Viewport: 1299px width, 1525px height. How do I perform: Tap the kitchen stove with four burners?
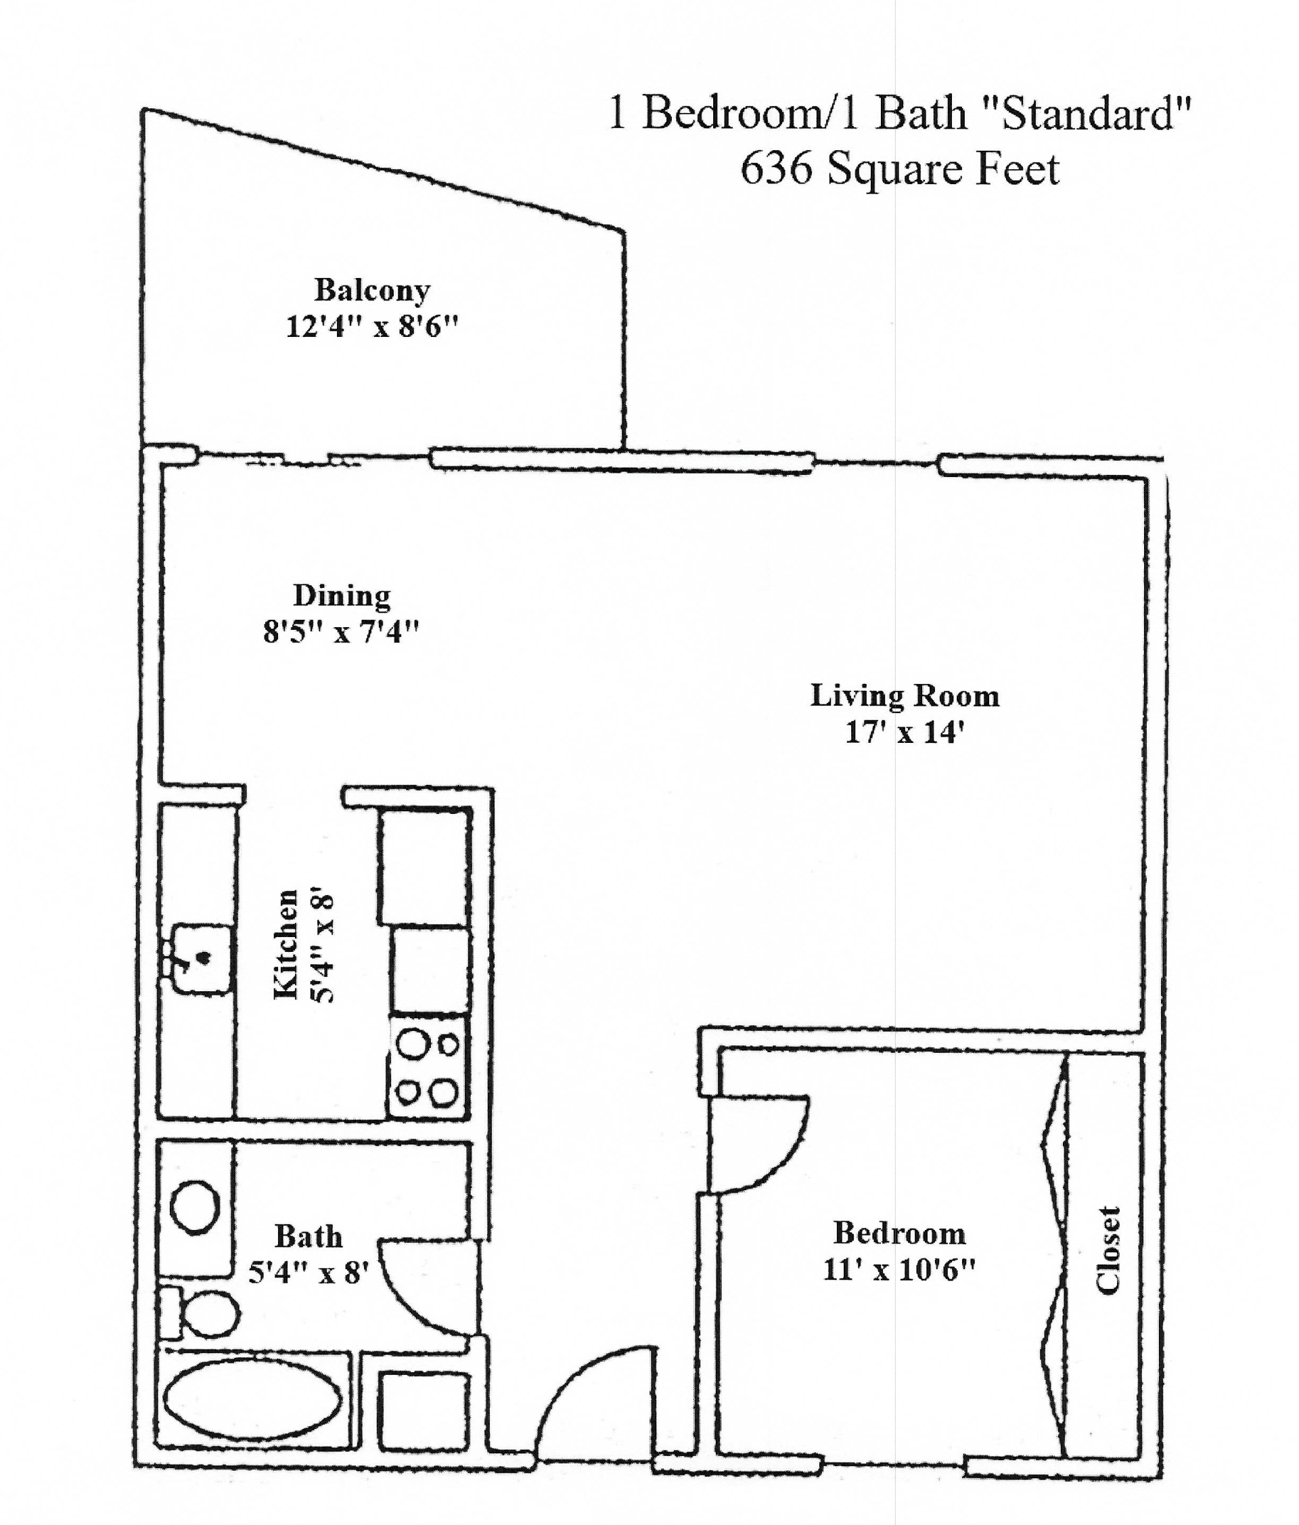click(427, 1067)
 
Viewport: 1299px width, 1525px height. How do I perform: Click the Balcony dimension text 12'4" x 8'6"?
click(371, 326)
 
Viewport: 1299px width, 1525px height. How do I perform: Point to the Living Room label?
click(905, 696)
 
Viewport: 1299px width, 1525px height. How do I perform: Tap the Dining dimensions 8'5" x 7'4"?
click(341, 631)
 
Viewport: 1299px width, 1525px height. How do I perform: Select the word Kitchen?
click(286, 944)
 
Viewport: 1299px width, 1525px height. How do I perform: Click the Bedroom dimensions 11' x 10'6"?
click(898, 1270)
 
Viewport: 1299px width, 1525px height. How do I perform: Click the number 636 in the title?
click(777, 168)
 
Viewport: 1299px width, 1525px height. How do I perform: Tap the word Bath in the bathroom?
click(309, 1237)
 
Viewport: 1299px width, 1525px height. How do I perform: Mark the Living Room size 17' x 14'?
click(905, 732)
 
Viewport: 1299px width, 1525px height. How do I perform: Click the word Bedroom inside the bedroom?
click(898, 1233)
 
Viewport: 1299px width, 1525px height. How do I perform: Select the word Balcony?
click(371, 290)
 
